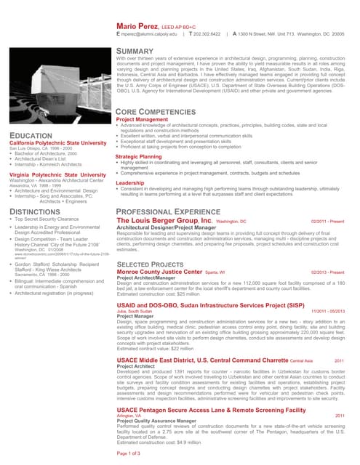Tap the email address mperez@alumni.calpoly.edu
153,34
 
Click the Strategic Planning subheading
138,156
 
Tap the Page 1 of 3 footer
133,453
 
